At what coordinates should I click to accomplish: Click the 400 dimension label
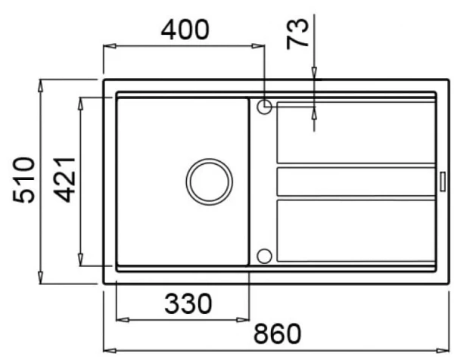point(185,29)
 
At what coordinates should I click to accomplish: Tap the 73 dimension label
point(297,34)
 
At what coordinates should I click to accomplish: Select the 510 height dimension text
point(23,180)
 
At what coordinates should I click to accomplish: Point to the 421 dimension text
point(64,179)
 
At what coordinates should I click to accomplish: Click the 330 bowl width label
point(188,303)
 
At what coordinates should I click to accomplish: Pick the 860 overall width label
point(278,334)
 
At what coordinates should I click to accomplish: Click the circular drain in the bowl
point(209,182)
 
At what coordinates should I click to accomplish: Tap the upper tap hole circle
point(264,107)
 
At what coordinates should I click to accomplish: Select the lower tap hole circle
point(264,256)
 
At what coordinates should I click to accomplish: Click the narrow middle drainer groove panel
point(356,182)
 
